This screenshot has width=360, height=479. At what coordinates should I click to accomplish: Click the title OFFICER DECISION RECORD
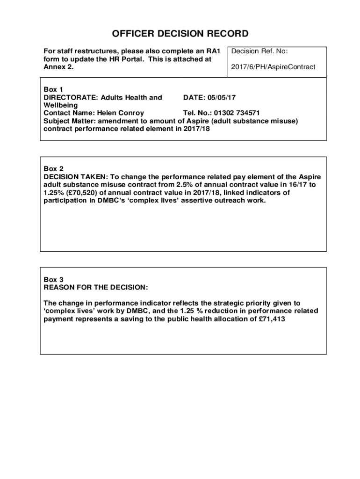point(180,34)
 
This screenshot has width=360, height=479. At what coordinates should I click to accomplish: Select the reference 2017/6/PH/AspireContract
point(273,67)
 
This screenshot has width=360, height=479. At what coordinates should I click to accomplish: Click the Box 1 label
point(53,89)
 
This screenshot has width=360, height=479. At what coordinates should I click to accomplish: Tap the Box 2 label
point(53,169)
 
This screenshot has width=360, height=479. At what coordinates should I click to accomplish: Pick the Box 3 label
point(53,279)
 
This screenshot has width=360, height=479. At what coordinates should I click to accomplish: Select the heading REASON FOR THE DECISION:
point(96,287)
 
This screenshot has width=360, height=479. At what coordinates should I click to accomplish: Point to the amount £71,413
point(269,319)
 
